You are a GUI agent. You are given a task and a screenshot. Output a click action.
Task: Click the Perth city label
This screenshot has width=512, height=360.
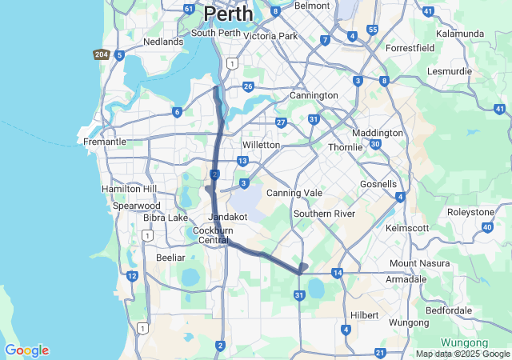[228, 14]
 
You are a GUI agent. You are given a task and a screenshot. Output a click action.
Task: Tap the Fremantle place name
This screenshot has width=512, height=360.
[105, 142]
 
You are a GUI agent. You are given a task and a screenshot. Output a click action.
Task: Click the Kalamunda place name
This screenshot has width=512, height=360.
[460, 34]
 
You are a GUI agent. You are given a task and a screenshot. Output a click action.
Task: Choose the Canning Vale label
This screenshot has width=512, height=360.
[294, 193]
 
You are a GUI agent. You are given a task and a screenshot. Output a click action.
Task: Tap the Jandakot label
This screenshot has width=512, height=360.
[226, 217]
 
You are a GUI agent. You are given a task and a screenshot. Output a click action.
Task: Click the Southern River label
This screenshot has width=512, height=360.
[323, 214]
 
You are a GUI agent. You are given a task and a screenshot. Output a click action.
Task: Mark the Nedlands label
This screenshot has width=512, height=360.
[163, 42]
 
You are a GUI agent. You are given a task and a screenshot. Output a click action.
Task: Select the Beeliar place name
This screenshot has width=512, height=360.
[170, 258]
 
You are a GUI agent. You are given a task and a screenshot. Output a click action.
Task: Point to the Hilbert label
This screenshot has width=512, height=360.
[364, 315]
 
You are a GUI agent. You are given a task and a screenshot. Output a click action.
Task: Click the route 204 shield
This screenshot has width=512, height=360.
[101, 54]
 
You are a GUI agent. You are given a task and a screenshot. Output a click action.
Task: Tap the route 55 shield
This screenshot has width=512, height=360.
[373, 30]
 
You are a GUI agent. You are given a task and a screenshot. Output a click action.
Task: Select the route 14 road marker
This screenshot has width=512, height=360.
[338, 274]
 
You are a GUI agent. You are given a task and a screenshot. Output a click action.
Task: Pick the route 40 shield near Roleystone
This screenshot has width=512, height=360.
[488, 227]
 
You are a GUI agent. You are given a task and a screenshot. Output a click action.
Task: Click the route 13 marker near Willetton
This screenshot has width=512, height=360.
[242, 162]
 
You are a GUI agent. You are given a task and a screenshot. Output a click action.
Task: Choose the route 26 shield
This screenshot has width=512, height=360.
[249, 86]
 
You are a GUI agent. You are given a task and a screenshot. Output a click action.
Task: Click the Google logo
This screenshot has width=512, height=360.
[26, 350]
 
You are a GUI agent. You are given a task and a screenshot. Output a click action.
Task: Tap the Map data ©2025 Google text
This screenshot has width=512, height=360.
[462, 354]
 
